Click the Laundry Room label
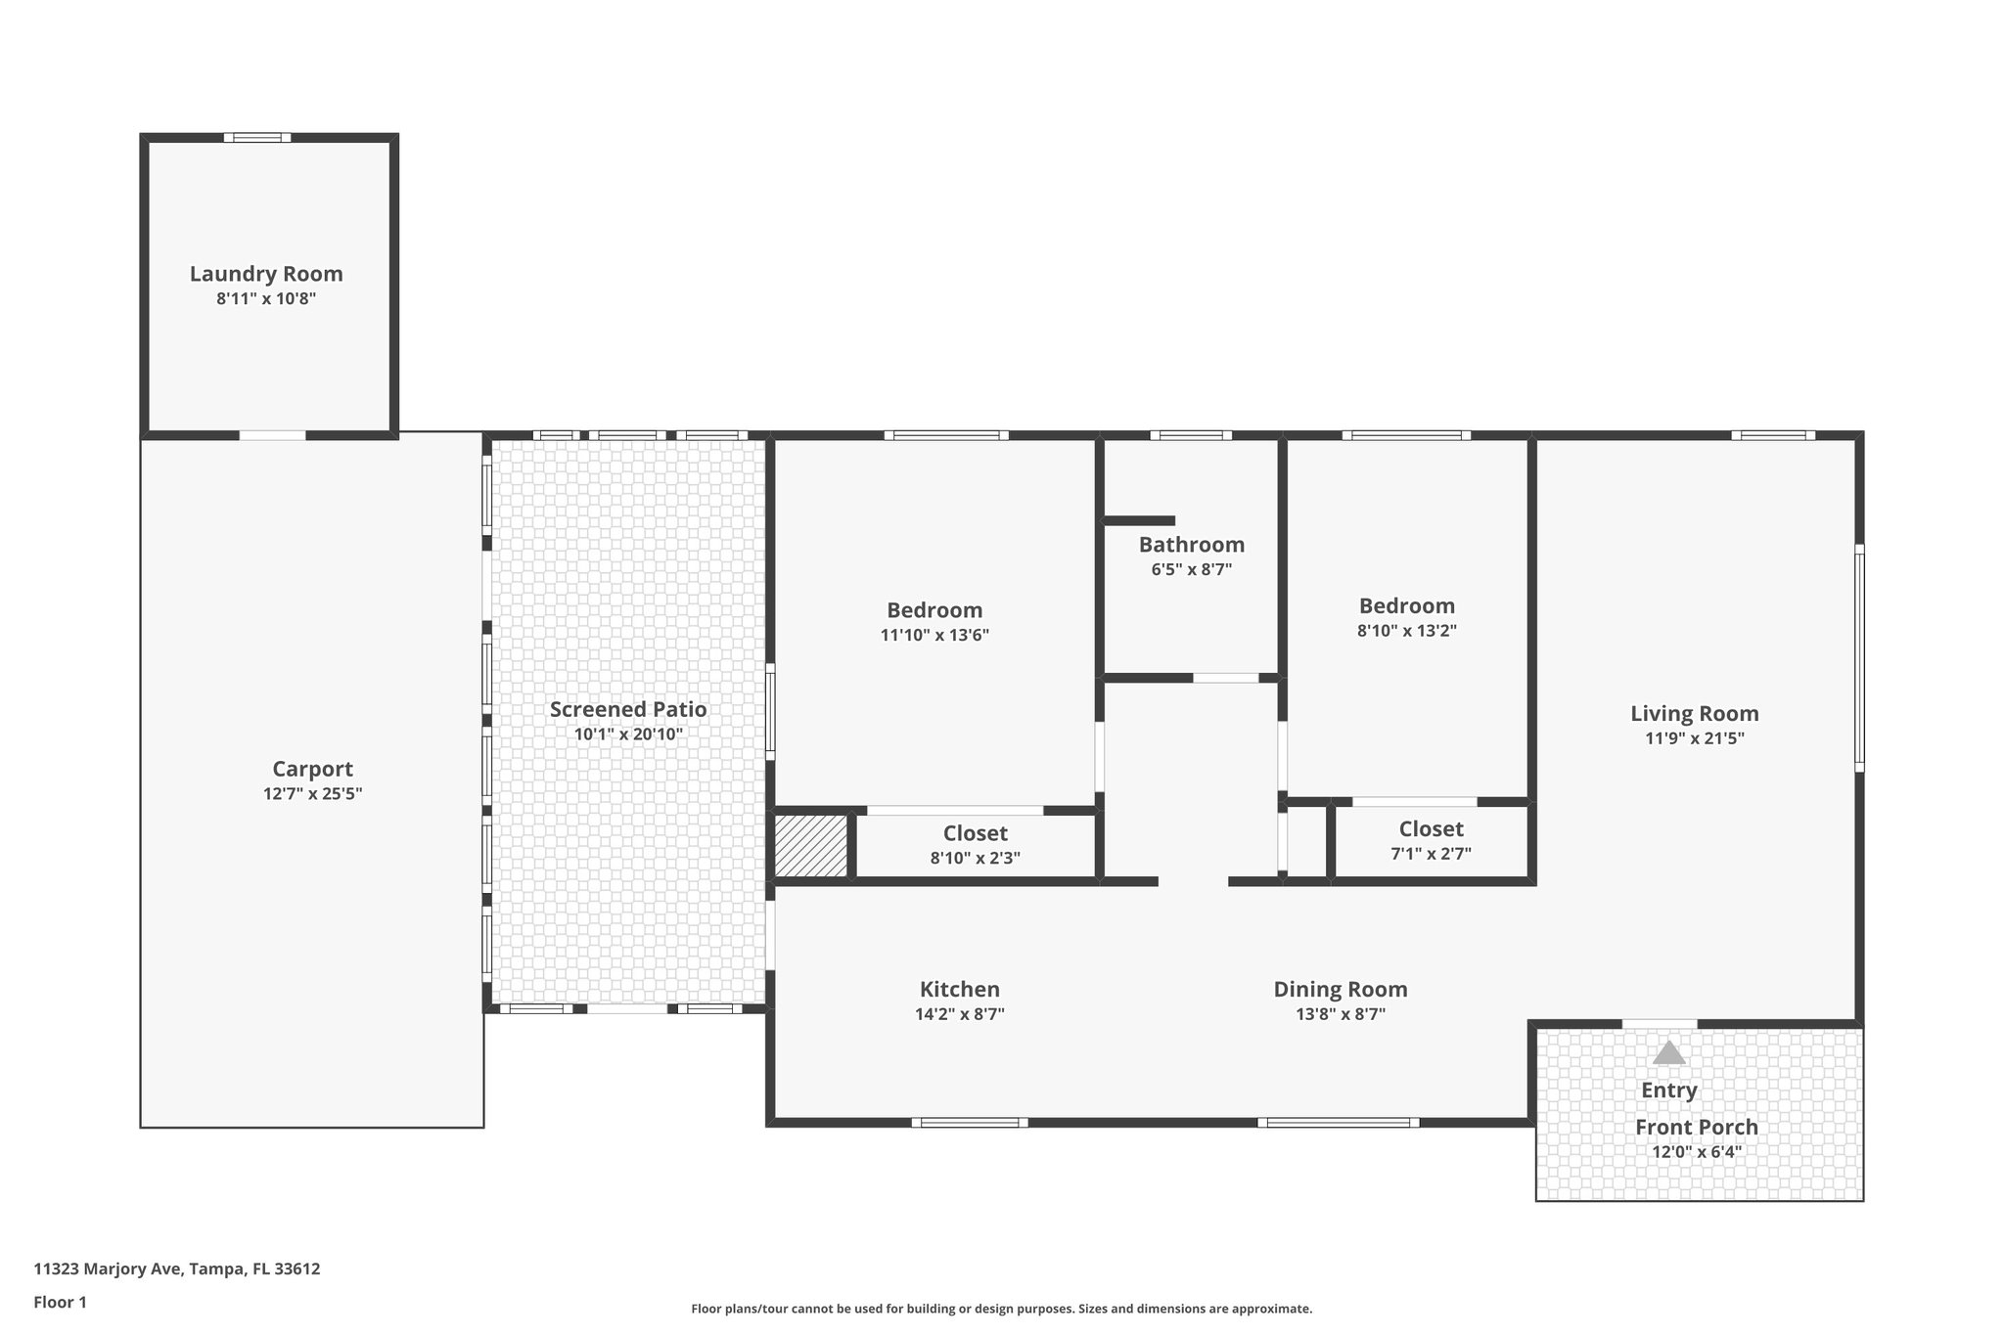(x=266, y=274)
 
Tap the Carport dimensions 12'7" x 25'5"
(x=312, y=794)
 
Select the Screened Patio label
(x=628, y=709)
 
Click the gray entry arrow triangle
(x=1668, y=1053)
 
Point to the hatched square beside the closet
(x=811, y=845)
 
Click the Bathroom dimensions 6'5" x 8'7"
(x=1191, y=569)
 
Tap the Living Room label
(x=1694, y=713)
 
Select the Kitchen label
(x=959, y=989)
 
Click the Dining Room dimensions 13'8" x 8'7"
(x=1340, y=1014)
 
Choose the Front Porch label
(x=1696, y=1127)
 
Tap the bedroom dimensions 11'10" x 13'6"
(x=934, y=635)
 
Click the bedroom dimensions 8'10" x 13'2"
(x=1406, y=631)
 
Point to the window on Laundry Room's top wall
(x=256, y=137)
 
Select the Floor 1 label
(x=60, y=1302)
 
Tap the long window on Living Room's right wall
(x=1859, y=657)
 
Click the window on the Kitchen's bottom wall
(x=970, y=1122)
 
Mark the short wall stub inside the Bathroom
(x=1139, y=520)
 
